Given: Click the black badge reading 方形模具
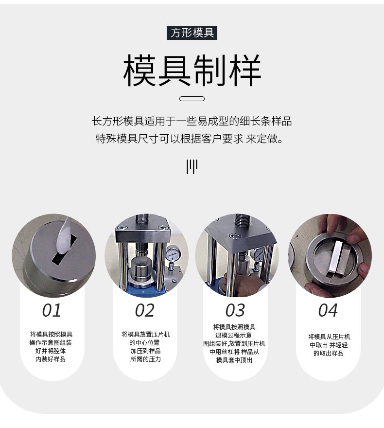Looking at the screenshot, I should point(192,33).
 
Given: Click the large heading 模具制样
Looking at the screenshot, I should point(192,71).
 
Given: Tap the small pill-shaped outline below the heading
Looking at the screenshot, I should point(192,99).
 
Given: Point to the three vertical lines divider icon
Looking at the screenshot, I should point(192,166).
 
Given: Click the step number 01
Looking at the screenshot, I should point(52,310).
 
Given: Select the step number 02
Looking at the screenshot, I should point(145,310).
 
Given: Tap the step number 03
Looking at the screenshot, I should point(235,310).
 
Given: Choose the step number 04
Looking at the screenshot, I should point(328,310).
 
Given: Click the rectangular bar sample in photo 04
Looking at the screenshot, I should point(334,258).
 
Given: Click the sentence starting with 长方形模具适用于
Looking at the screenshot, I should point(192,121).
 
